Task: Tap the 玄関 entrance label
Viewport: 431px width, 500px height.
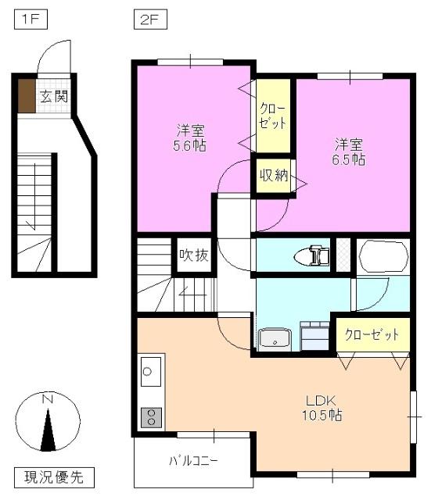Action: click(x=54, y=98)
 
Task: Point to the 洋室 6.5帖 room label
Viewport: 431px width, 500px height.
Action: click(x=350, y=152)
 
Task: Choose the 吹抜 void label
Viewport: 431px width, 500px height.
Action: click(x=193, y=255)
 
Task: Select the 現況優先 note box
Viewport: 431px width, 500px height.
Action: click(x=54, y=475)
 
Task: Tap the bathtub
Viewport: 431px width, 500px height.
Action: click(x=383, y=255)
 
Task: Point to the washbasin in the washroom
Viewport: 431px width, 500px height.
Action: click(x=275, y=339)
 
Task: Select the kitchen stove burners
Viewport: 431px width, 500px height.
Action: click(x=149, y=416)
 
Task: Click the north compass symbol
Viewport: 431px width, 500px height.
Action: click(x=48, y=424)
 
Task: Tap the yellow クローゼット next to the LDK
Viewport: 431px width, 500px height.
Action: click(x=372, y=334)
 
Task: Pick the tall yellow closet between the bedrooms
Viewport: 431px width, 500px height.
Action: click(x=273, y=116)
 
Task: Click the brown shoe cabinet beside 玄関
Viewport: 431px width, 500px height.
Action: click(x=27, y=96)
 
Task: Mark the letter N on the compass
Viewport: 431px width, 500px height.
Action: click(x=48, y=400)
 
